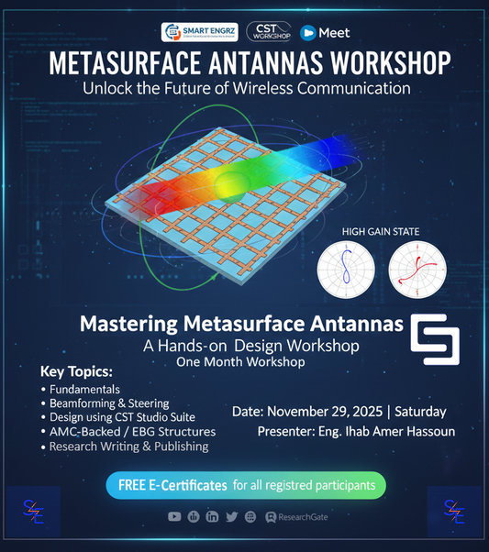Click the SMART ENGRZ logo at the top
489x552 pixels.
[x=199, y=32]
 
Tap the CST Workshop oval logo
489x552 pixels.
[x=269, y=32]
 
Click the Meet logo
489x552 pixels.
[x=326, y=32]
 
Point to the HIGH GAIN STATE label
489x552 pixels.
[x=380, y=232]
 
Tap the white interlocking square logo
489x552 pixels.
[x=434, y=339]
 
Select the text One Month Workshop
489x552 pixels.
[x=239, y=362]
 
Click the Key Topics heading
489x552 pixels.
[x=76, y=374]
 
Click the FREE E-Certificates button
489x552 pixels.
[x=246, y=484]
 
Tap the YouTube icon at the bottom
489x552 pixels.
[x=174, y=517]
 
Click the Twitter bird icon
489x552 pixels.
[x=231, y=517]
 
